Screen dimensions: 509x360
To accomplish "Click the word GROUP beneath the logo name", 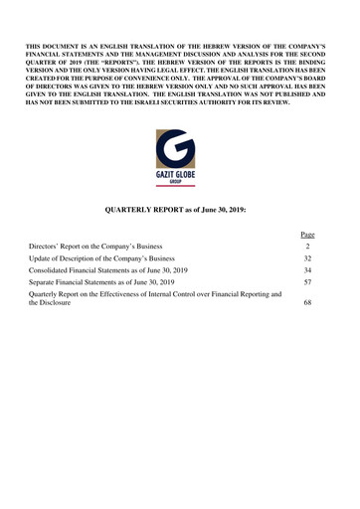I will (180, 183).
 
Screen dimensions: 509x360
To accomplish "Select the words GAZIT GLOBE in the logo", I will (180, 176).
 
